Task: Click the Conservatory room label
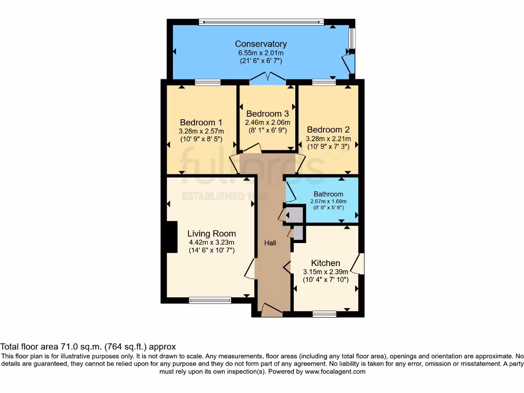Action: pos(260,44)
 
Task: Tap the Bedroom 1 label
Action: pos(201,122)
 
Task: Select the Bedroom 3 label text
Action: pos(267,114)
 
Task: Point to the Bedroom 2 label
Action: pos(327,130)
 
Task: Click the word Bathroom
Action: pos(328,194)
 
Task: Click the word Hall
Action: pos(270,243)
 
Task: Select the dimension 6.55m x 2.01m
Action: pos(261,53)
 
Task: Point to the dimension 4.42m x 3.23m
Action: pos(211,242)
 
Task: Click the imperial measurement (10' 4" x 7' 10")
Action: pos(325,280)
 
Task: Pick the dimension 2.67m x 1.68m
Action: pos(328,201)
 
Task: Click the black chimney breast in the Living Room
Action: pos(172,237)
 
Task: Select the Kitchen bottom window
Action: pos(324,314)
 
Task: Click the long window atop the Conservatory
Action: pos(261,22)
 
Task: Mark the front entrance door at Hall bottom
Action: pos(271,310)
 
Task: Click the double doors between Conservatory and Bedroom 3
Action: pos(268,78)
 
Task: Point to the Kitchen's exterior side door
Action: pos(361,264)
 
